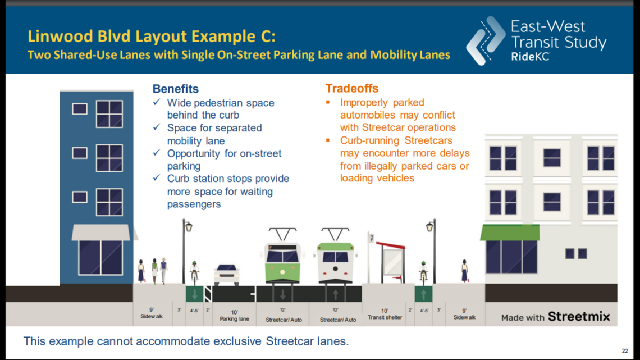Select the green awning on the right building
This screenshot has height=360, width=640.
509,233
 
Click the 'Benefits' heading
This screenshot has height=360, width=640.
175,89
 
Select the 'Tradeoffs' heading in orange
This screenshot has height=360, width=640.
351,89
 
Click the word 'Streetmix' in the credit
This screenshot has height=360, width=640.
578,317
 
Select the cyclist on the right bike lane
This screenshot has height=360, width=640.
423,272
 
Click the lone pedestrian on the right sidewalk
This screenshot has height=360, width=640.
464,271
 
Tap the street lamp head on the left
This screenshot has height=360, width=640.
188,226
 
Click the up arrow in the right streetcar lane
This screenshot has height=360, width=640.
336,294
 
